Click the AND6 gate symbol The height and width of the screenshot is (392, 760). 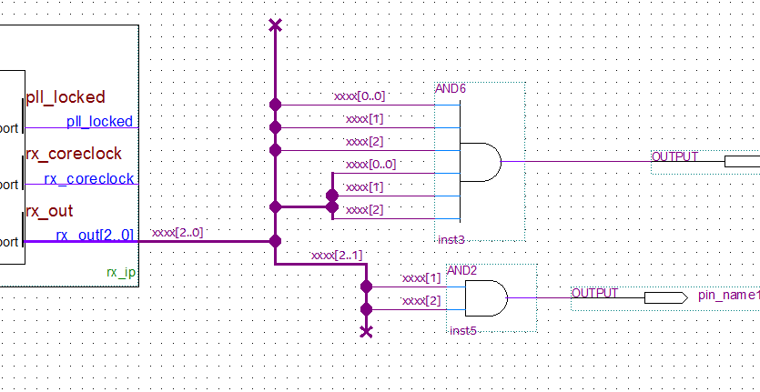481,162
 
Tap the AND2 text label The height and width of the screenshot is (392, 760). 462,271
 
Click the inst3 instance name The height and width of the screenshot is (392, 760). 451,239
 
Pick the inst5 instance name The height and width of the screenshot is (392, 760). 462,329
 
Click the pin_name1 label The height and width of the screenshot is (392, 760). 728,296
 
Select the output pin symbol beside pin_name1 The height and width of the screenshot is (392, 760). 665,297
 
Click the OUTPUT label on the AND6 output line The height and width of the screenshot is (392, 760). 674,156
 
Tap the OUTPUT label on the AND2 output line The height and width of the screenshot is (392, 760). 594,293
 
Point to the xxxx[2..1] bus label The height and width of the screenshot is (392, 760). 337,256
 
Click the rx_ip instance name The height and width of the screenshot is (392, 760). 121,272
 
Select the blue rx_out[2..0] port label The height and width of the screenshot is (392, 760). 95,236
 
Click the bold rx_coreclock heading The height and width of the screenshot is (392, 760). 73,154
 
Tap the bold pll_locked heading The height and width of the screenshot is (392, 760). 66,97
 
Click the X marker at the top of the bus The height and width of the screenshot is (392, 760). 275,25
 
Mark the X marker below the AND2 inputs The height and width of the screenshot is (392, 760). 366,332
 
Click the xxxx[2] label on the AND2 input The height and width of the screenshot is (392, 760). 421,300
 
